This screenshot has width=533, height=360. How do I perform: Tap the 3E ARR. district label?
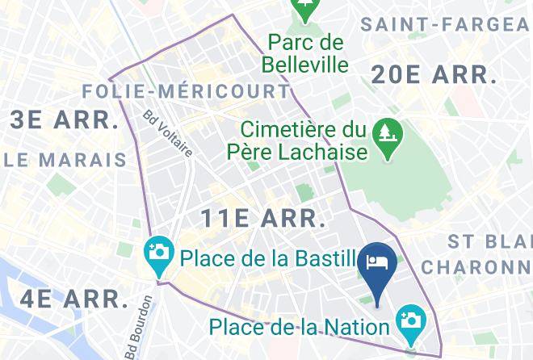(64, 120)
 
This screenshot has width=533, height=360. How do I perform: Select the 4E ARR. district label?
(74, 299)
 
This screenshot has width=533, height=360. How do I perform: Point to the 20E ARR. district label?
(433, 75)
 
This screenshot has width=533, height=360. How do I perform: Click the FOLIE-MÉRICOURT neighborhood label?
(187, 90)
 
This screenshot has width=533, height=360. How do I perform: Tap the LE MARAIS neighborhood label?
(67, 159)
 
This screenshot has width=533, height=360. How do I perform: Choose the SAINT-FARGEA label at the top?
(446, 24)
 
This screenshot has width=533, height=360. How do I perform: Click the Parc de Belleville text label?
(306, 52)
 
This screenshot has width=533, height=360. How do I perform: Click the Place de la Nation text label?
(300, 327)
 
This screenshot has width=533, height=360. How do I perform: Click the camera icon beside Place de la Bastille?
(159, 252)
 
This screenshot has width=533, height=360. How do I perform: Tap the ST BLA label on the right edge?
(489, 241)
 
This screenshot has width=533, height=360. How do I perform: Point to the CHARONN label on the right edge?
(476, 266)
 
